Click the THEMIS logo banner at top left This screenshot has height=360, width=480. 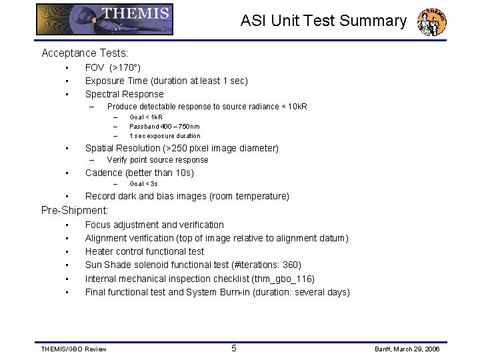(105, 19)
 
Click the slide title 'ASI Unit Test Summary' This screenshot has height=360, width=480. (323, 21)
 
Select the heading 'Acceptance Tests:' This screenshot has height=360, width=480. (85, 53)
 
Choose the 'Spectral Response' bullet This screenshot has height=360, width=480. (124, 94)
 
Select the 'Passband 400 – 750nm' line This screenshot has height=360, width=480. (164, 126)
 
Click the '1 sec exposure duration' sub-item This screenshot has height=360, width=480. (165, 135)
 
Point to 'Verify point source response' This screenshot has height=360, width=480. (157, 160)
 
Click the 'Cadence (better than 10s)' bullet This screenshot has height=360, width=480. (139, 173)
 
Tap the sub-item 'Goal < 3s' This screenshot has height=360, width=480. (143, 183)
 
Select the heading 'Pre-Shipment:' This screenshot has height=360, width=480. (75, 210)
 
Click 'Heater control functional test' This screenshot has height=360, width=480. (145, 251)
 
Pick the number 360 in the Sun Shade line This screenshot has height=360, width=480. (291, 265)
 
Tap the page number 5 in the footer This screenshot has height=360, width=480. (233, 348)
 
